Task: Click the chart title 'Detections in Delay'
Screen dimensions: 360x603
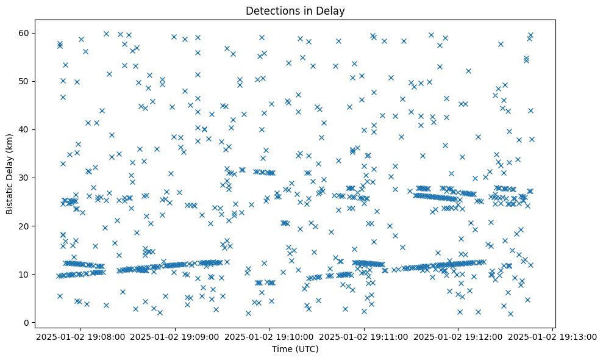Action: pos(295,10)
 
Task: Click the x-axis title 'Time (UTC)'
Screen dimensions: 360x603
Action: pos(295,350)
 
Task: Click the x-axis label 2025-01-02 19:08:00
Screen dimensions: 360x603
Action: pos(81,336)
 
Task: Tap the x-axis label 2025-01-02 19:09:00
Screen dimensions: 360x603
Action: pos(176,336)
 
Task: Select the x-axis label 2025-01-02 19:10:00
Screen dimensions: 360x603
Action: pos(270,336)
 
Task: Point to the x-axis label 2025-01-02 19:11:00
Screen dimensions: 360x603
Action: pos(365,336)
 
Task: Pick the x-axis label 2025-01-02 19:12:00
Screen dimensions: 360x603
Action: pos(459,336)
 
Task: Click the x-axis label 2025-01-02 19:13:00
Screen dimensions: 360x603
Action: pos(554,336)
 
